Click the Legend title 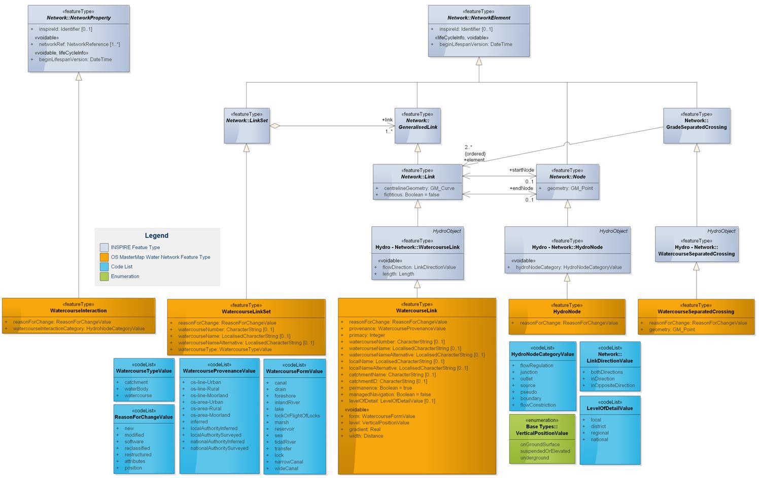click(x=156, y=235)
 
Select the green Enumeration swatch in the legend click(x=104, y=277)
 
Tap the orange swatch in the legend click(x=104, y=257)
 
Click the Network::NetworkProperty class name click(x=79, y=18)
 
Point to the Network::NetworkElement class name click(x=478, y=18)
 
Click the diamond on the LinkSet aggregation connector click(x=275, y=126)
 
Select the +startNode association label click(x=521, y=170)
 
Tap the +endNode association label click(x=521, y=188)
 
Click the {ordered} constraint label click(x=475, y=154)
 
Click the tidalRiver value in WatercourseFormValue click(x=285, y=442)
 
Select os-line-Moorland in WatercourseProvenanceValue click(x=209, y=395)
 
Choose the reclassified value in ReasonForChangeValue click(x=137, y=448)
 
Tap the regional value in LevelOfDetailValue click(x=599, y=433)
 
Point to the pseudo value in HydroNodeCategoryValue click(x=528, y=392)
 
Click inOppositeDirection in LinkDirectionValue click(x=612, y=385)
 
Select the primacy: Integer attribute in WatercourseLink click(x=367, y=335)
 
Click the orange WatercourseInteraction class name click(x=79, y=311)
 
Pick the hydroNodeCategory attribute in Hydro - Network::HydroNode click(x=568, y=267)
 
